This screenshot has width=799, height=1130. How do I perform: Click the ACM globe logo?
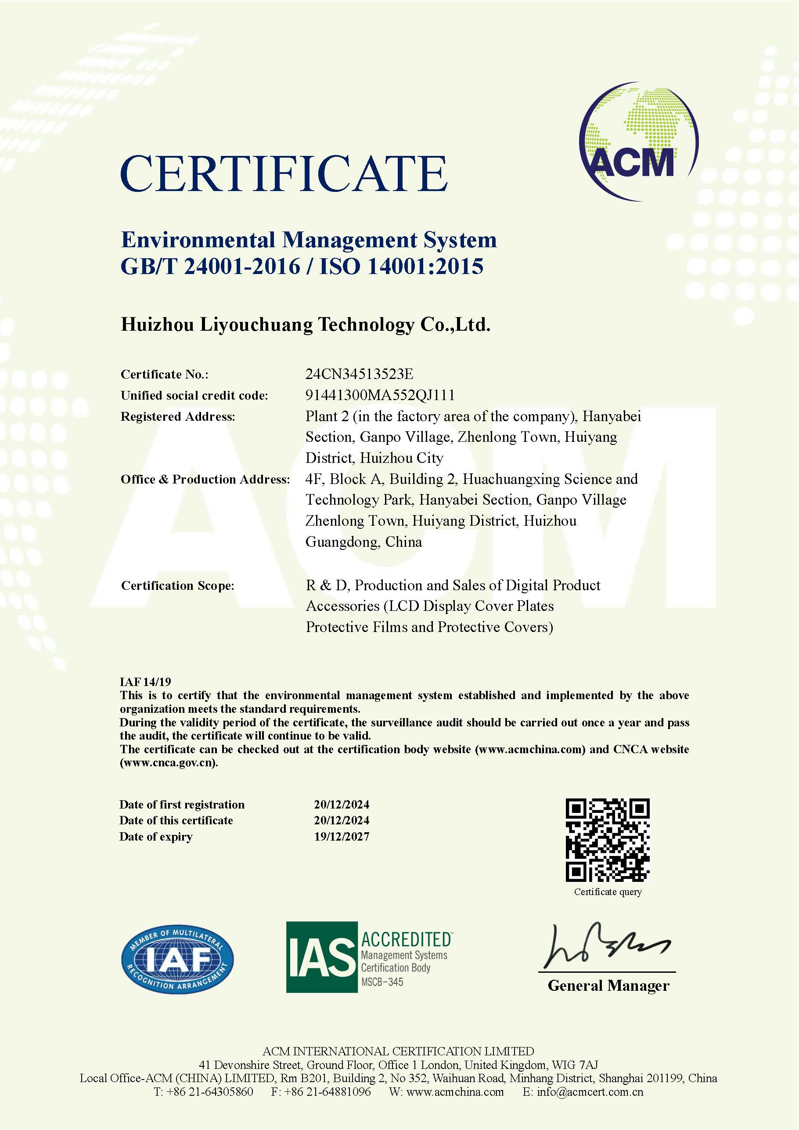(x=639, y=142)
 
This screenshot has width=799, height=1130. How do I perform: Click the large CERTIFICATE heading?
(x=284, y=174)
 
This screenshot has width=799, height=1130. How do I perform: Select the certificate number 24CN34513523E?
(x=359, y=374)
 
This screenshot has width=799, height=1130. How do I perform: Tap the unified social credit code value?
(x=380, y=395)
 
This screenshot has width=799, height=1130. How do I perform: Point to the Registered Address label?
(x=178, y=416)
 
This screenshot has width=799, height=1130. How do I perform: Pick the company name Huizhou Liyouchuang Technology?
(x=305, y=325)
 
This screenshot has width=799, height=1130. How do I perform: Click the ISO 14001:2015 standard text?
(x=401, y=266)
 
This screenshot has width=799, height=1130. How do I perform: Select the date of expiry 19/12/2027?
(x=342, y=837)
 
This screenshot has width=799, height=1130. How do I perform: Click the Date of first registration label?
(x=182, y=805)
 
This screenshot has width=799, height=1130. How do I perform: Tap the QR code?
(x=608, y=840)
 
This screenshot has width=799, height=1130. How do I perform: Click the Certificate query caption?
(x=608, y=892)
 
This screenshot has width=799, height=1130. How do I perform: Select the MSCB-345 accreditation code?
(x=382, y=982)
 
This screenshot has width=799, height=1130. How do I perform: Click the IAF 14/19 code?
(x=145, y=682)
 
